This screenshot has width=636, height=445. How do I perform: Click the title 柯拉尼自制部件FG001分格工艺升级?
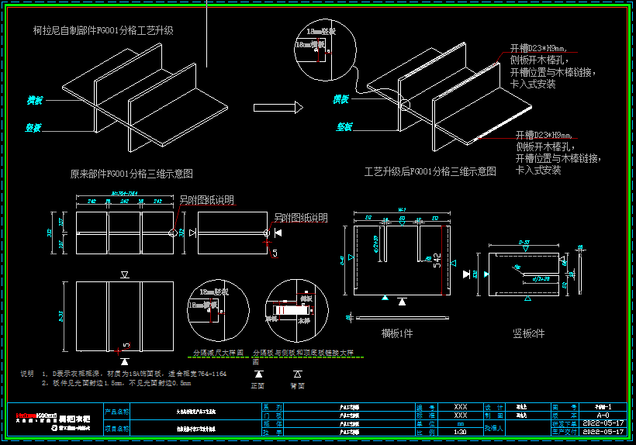coord(103,31)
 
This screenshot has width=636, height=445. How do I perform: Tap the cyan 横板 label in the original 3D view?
coord(34,101)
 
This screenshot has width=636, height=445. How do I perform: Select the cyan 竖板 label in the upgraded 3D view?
coord(345,126)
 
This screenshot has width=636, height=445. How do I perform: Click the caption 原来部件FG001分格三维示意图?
coord(131,174)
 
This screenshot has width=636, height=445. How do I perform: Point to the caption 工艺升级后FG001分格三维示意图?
coord(430,171)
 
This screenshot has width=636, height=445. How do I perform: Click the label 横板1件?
coord(396,333)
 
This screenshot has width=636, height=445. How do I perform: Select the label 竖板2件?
coord(529,333)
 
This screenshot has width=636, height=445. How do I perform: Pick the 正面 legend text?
coord(258,385)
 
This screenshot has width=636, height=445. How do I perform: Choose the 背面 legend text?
coord(297,385)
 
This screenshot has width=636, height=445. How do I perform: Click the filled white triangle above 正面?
coord(258,373)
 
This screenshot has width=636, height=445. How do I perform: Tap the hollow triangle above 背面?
coord(297,373)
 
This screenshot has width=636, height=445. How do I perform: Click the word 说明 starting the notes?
coord(27,374)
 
